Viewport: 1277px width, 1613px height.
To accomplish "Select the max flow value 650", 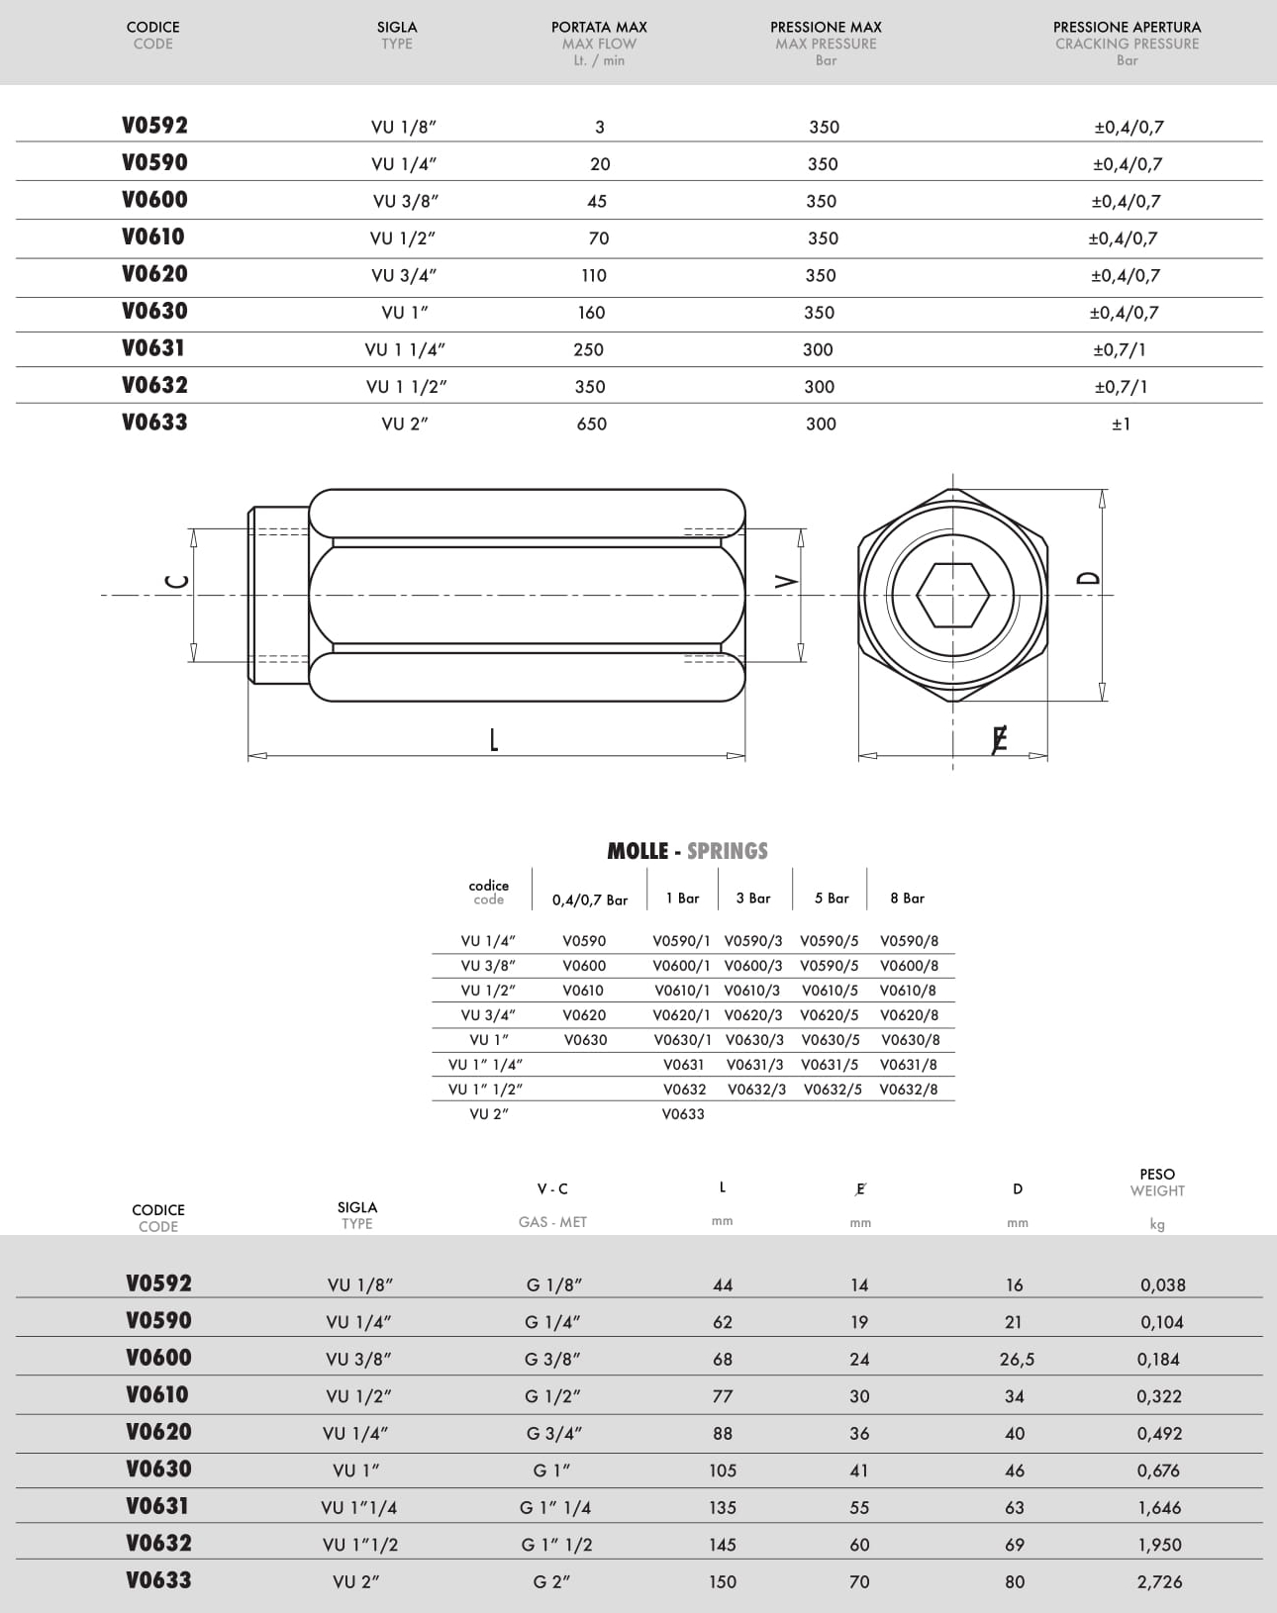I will [x=592, y=424].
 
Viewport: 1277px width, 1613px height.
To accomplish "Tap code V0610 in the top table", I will [x=153, y=237].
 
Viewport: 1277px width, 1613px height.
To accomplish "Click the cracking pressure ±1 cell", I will [x=1121, y=424].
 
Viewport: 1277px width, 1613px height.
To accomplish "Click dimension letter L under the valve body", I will [x=493, y=739].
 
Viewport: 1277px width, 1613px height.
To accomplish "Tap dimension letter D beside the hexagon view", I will [x=1088, y=578].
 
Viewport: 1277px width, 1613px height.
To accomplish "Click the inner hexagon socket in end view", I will [x=952, y=595].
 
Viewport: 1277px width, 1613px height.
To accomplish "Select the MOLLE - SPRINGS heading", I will [x=687, y=851].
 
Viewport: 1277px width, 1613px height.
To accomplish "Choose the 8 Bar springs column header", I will [x=907, y=899].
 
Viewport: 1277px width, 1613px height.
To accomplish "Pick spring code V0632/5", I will [x=833, y=1090].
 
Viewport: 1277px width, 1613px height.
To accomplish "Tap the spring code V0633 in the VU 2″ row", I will [x=683, y=1114].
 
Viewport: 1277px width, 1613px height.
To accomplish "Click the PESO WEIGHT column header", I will [x=1157, y=1183].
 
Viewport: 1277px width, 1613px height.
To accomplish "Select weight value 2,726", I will [x=1160, y=1581].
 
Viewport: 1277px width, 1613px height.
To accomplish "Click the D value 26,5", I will [x=1017, y=1360].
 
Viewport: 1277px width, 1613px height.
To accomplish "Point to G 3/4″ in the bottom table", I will [x=553, y=1433].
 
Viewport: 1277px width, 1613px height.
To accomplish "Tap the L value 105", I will [x=723, y=1471].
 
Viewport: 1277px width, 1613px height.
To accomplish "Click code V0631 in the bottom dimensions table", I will [x=158, y=1506].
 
